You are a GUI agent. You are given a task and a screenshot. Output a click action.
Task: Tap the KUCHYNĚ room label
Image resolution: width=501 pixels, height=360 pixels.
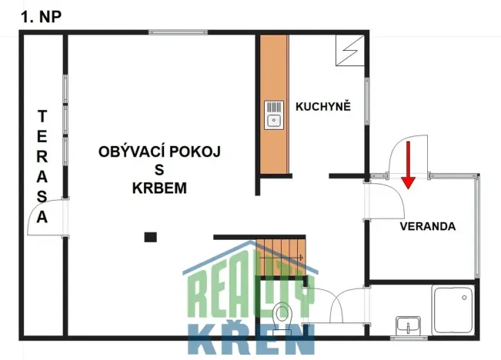click(323, 106)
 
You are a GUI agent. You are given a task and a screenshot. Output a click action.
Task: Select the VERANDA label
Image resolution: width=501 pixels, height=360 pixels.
click(428, 227)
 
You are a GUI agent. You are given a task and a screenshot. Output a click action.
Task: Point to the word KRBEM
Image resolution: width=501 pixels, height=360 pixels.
click(159, 188)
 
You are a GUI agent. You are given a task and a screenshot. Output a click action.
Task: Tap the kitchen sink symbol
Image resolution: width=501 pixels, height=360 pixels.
click(275, 115)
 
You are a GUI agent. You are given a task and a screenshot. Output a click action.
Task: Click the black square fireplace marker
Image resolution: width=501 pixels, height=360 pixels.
click(151, 237)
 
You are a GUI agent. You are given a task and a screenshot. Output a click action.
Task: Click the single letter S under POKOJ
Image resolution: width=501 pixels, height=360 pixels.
click(159, 170)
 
